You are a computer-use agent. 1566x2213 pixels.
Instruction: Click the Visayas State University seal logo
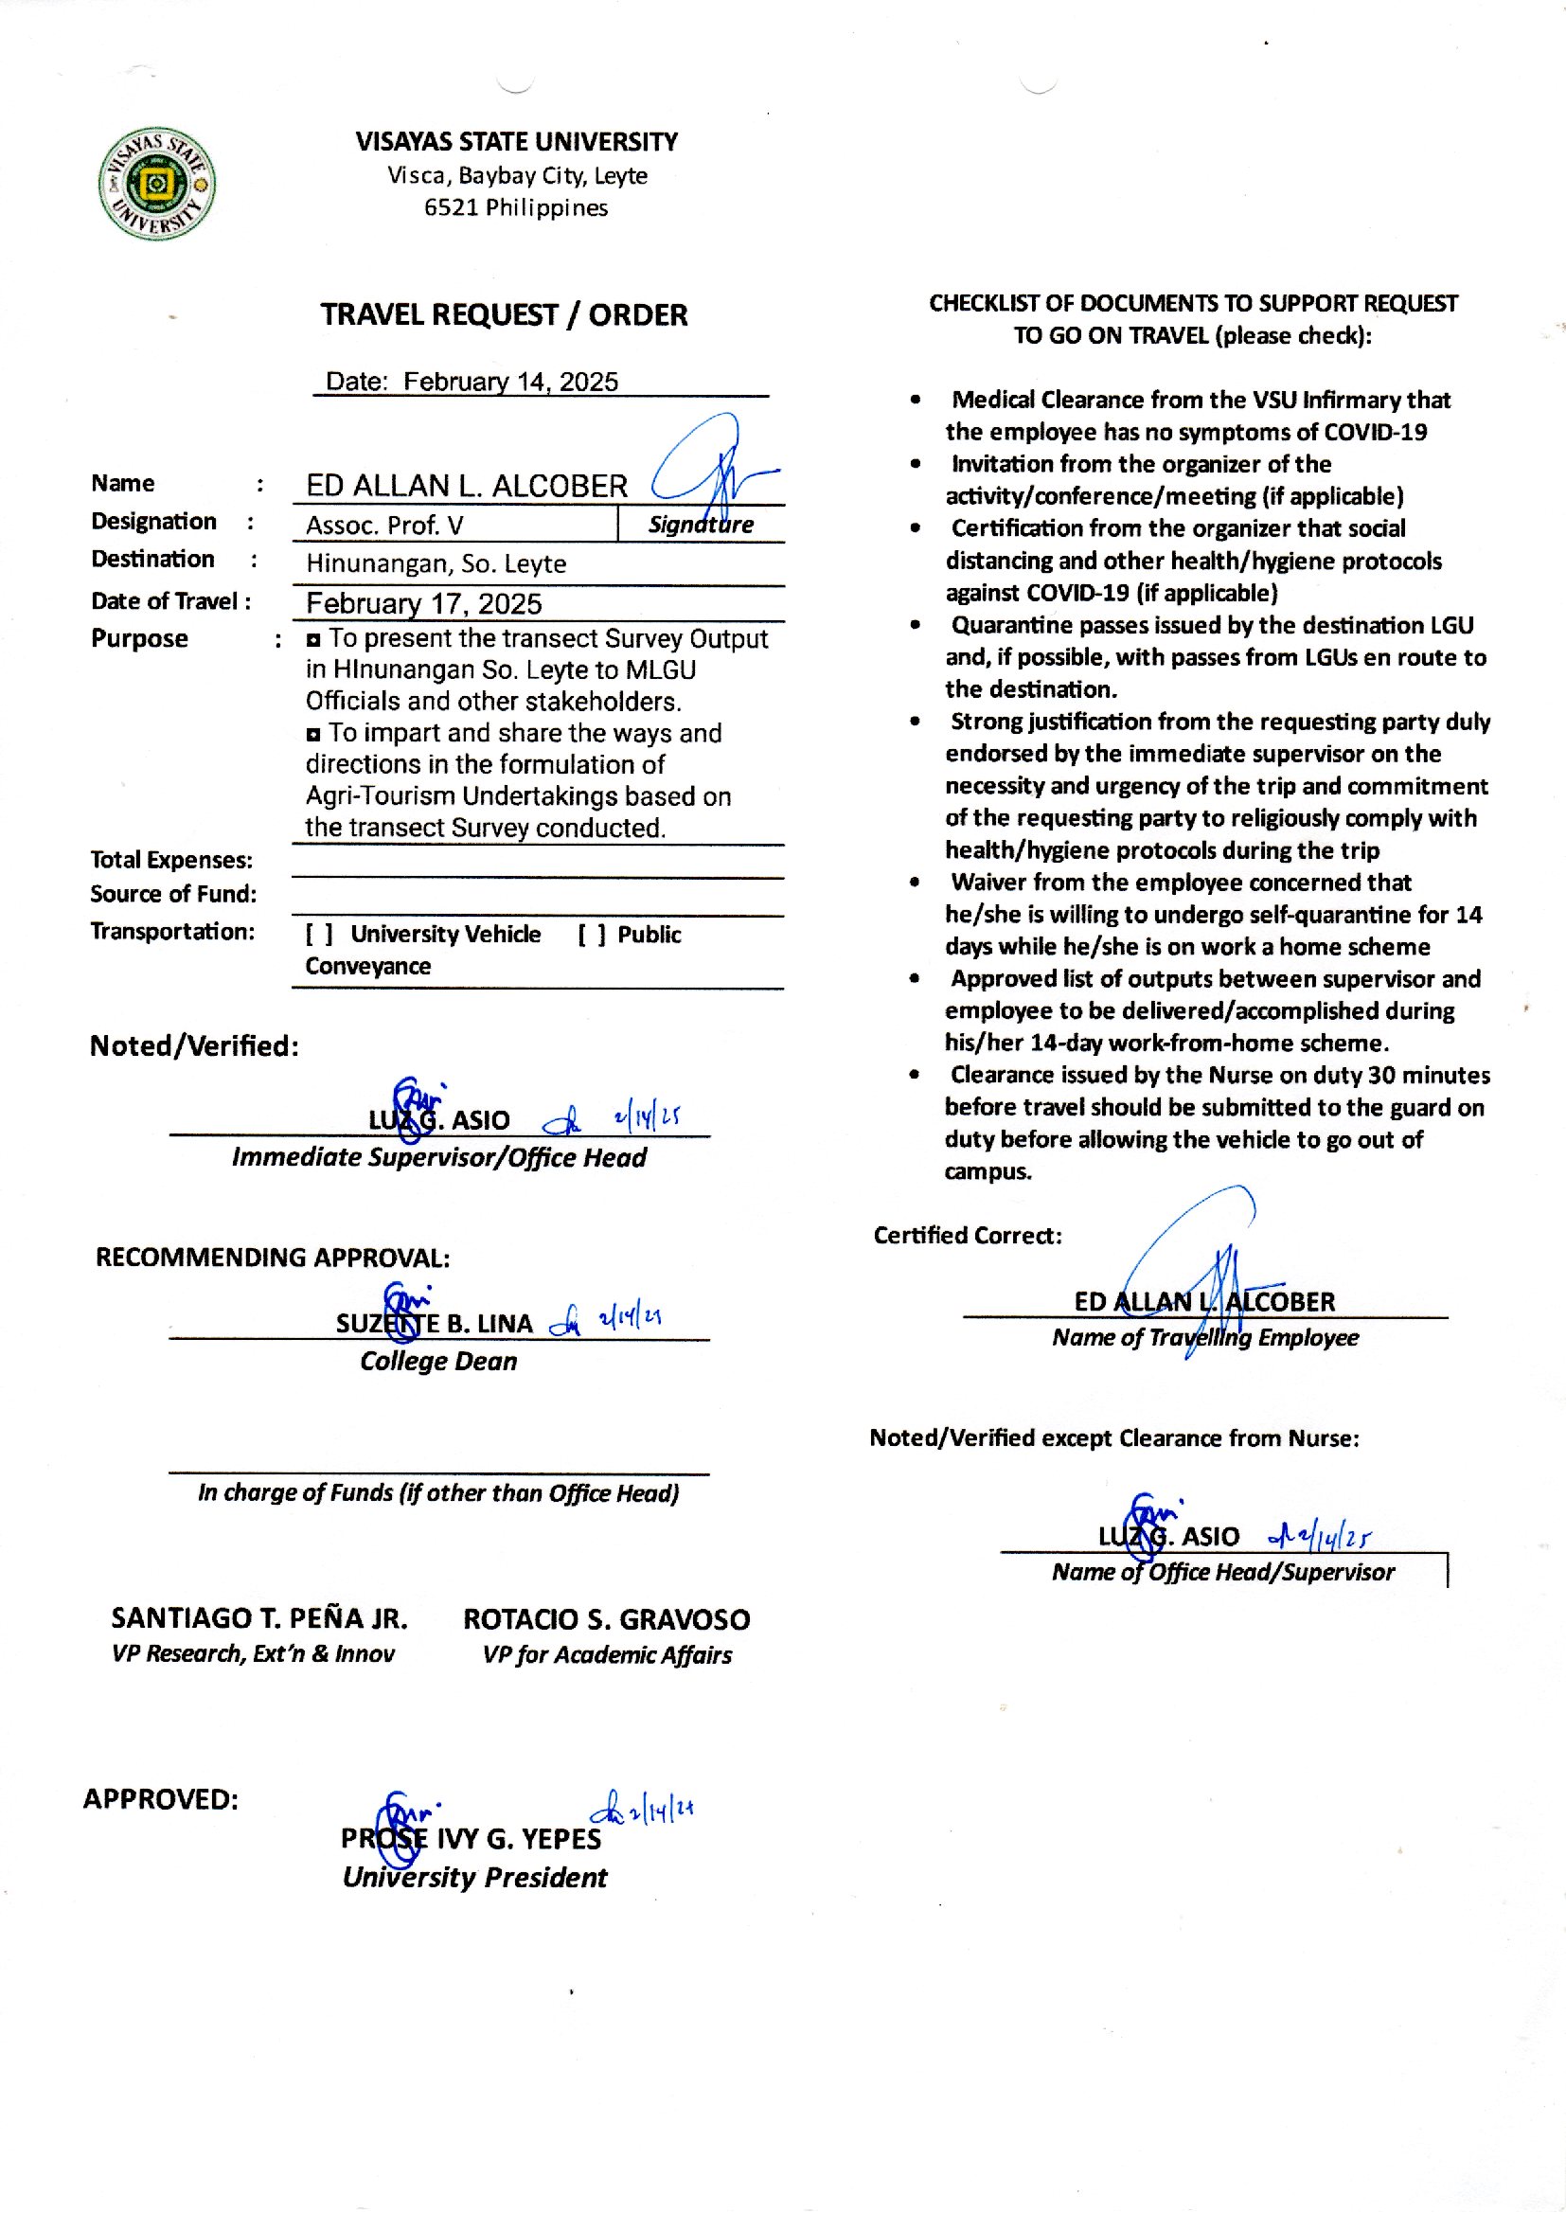coord(157,183)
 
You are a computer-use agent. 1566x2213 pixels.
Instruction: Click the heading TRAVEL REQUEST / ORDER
coord(504,315)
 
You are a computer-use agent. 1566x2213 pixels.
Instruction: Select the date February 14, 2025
coord(510,382)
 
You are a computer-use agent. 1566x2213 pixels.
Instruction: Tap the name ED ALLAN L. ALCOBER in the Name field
coord(467,485)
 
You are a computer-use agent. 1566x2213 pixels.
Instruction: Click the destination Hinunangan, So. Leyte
coord(436,564)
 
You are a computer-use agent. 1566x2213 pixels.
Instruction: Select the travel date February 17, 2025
coord(423,603)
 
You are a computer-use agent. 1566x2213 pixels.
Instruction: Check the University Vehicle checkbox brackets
coord(319,934)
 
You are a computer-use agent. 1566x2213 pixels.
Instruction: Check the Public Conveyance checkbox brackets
coord(592,935)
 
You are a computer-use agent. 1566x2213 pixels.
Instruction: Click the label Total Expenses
coord(171,860)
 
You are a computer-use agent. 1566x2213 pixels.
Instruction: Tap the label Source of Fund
coord(173,894)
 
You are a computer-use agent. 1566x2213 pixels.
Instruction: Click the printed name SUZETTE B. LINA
coord(434,1323)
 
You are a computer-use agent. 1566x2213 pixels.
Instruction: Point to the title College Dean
coord(438,1362)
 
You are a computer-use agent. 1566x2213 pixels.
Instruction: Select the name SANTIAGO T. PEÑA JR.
coord(259,1618)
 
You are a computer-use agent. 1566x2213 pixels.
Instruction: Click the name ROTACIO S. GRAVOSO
coord(607,1619)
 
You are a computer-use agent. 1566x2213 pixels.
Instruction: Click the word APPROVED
coord(160,1799)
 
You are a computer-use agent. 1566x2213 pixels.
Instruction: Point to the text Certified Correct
coord(968,1235)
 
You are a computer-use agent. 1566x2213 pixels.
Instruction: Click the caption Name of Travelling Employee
coord(1205,1337)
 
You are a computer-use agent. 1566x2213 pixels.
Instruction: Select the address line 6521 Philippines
coord(516,208)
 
